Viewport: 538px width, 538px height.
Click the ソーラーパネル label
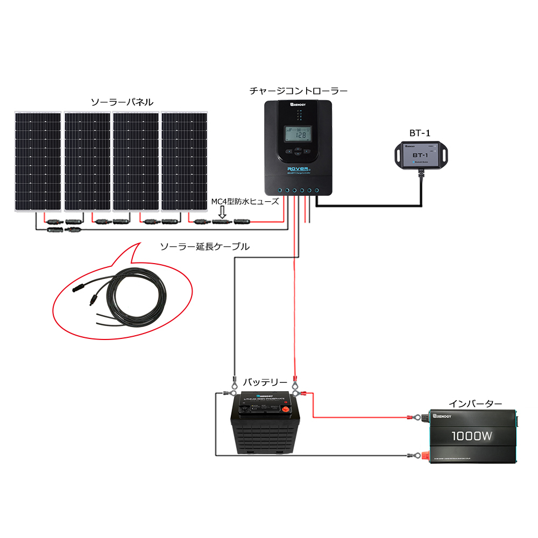(x=122, y=102)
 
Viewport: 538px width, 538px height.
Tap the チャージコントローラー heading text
(x=298, y=91)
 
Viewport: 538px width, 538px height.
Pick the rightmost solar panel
(x=184, y=161)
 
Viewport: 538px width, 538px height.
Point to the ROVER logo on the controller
(x=298, y=168)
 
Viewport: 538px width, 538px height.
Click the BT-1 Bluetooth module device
(x=420, y=155)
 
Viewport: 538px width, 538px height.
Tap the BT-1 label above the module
(x=420, y=132)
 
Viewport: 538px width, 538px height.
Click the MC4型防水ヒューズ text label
(x=245, y=201)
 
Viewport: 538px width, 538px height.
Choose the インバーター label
(x=475, y=403)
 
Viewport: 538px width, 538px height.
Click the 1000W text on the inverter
(x=471, y=436)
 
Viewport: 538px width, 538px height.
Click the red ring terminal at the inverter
(x=413, y=417)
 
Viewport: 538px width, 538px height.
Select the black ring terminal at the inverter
(x=413, y=456)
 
